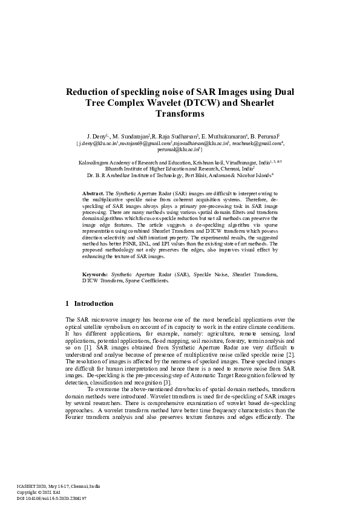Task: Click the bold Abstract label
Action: (93, 192)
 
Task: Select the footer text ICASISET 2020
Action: (30, 485)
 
